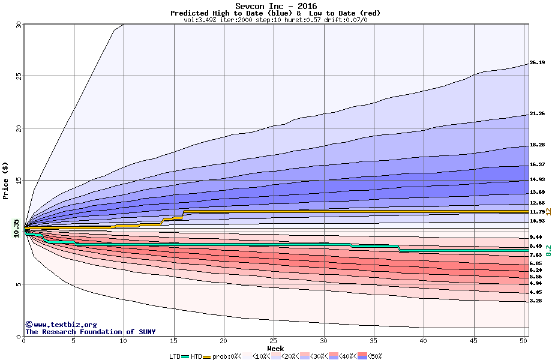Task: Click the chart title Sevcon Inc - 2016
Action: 275,6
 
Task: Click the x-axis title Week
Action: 275,348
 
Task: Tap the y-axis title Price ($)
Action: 5,180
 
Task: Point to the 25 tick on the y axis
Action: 18,76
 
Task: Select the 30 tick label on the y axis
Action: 18,25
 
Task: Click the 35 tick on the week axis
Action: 374,341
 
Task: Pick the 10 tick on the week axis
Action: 124,341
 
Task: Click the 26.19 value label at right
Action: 537,63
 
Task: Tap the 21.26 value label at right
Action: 537,114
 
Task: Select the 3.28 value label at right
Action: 537,301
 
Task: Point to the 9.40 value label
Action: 537,238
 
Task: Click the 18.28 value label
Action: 537,145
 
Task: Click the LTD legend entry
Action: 175,356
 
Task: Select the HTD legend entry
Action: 196,356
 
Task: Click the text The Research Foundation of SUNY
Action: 88,332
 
